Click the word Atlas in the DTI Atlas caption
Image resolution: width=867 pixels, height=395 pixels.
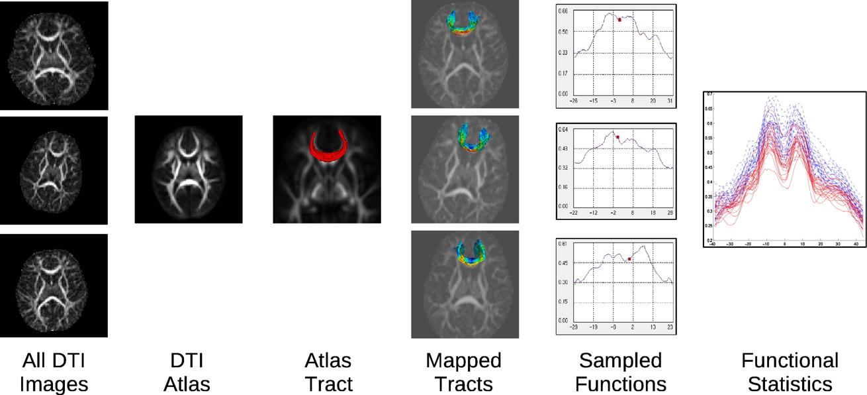(x=187, y=384)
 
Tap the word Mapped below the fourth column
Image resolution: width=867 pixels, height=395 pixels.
(x=463, y=361)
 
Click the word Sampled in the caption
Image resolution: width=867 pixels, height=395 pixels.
(x=620, y=361)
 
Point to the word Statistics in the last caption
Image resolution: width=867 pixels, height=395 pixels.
(x=790, y=384)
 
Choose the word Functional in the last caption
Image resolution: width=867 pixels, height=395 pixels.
(x=790, y=361)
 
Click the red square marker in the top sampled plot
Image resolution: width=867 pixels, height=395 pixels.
(x=619, y=20)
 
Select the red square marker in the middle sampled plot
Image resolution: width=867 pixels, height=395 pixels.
(x=617, y=137)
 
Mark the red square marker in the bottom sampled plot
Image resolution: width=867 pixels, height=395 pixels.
(x=629, y=258)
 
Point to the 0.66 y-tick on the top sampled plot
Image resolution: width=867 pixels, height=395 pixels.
(x=563, y=11)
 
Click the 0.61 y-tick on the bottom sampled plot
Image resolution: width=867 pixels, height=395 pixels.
(x=563, y=245)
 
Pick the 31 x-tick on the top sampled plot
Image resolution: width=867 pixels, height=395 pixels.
(x=671, y=101)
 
